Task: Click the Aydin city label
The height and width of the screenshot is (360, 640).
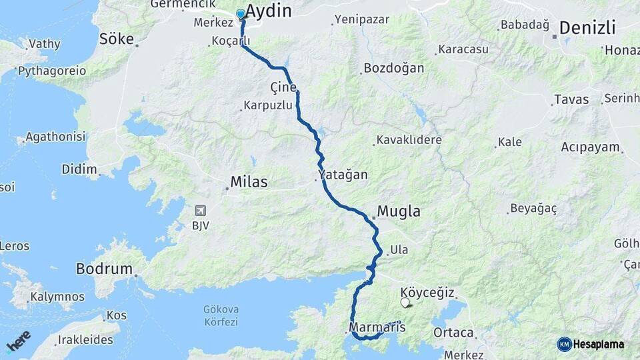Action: pos(269,11)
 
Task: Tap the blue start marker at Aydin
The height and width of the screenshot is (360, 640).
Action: pos(241,14)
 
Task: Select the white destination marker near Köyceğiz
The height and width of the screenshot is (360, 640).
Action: pos(405,303)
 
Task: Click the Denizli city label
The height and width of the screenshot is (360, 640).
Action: pos(587,28)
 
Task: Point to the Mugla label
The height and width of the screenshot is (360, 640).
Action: pos(399,212)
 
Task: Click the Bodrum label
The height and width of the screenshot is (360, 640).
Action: pos(104,269)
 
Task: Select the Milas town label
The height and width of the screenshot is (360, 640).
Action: pos(248,181)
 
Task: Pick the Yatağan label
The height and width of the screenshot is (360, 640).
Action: pos(343,175)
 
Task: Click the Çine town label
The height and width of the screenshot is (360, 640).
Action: pos(283,87)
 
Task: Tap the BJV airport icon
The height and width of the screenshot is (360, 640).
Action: pos(200,211)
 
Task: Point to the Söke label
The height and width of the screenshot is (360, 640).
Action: pos(116,38)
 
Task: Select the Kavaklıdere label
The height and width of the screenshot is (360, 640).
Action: pos(409,140)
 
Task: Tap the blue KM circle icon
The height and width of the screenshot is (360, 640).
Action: pos(564,344)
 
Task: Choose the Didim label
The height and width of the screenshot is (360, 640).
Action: pos(79,169)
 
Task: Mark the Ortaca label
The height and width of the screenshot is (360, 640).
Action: pos(453,333)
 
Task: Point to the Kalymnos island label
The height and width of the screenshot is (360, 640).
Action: pos(57,296)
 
